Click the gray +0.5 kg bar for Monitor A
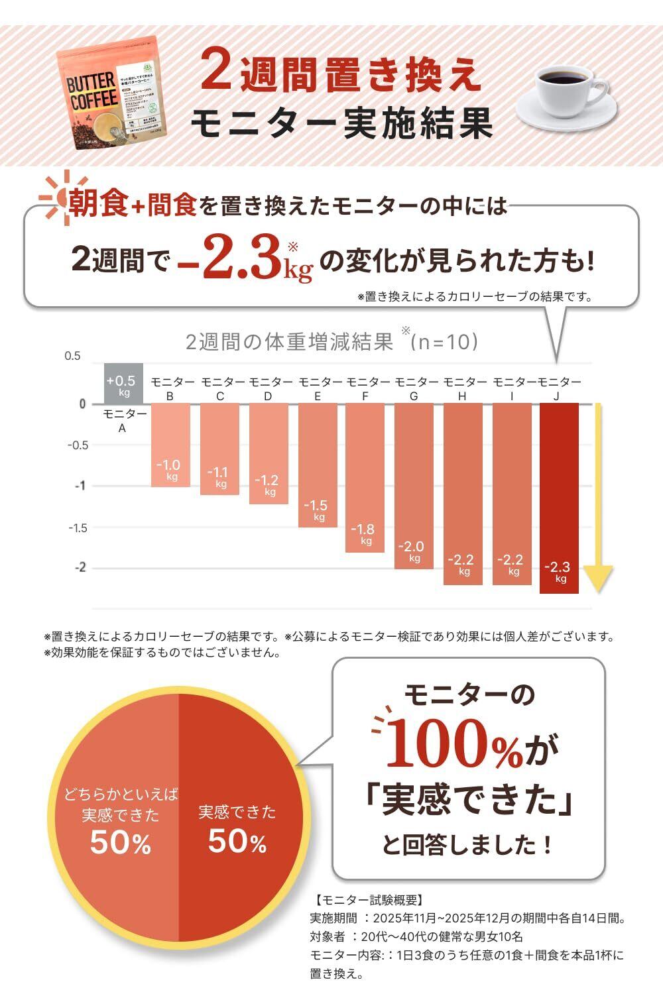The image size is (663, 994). pos(124,384)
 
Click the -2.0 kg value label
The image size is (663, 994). pos(412,547)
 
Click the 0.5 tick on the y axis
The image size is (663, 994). pos(72,357)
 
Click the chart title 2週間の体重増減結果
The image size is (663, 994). pos(289,343)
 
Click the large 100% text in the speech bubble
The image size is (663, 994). pos(454,745)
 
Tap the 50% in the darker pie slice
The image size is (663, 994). pos(237,842)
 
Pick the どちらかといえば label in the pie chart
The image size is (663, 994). pos(121,794)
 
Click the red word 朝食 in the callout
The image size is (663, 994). pos(99,205)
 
